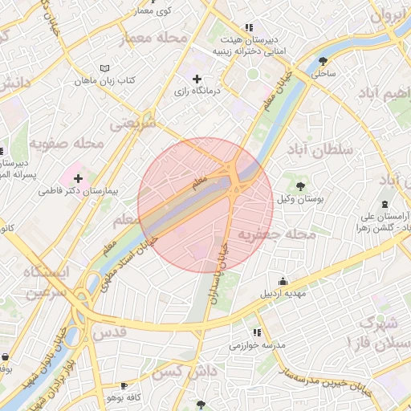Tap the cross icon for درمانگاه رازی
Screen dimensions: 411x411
[x=197, y=79]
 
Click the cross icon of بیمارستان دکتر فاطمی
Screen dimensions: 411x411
[x=77, y=177]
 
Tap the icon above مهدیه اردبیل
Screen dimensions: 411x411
[x=283, y=281]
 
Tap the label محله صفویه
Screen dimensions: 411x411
[x=67, y=144]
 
